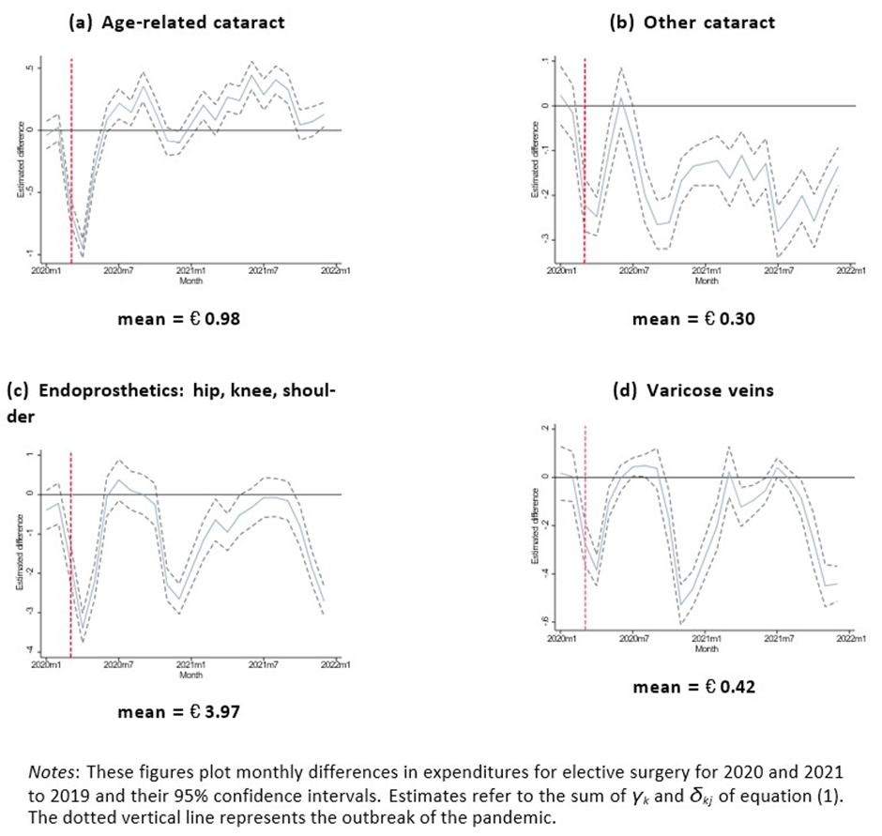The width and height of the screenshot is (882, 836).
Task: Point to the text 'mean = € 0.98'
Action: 178,319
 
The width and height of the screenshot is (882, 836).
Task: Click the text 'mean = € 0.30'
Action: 694,319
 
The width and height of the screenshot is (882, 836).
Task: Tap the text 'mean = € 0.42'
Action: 694,686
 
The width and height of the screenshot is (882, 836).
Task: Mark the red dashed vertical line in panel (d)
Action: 585,525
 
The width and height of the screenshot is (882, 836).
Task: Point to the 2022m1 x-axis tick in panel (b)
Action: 851,271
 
